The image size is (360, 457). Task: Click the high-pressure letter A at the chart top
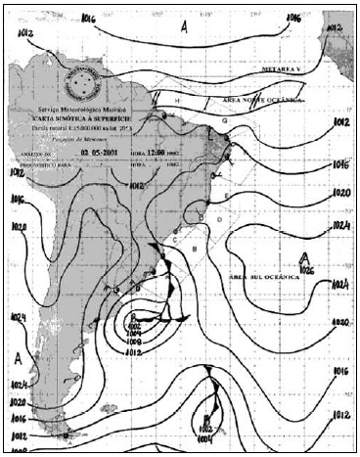184,29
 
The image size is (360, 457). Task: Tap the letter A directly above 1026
307,257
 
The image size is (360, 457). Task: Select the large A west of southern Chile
18,359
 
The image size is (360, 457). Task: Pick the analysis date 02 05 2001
98,154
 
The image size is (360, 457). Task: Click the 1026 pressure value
307,269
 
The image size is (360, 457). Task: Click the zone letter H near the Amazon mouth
177,101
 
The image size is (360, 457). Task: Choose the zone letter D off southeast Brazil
219,221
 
